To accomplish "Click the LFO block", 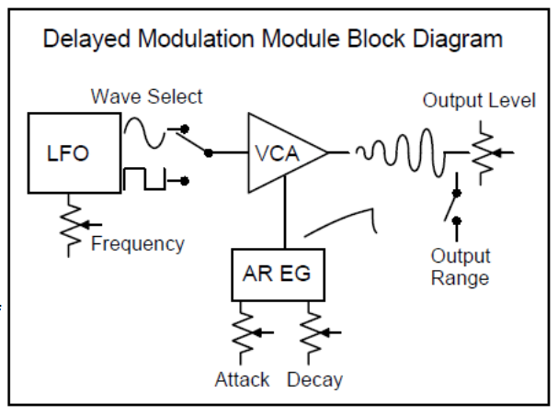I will point(69,153).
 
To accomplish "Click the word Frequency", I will point(137,244).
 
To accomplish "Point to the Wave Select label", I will point(146,96).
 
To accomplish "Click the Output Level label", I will point(478,101).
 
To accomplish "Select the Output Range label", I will point(461,266).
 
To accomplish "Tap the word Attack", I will point(242,379).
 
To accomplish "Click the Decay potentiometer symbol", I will point(313,333).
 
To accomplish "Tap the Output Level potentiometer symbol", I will point(481,151).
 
